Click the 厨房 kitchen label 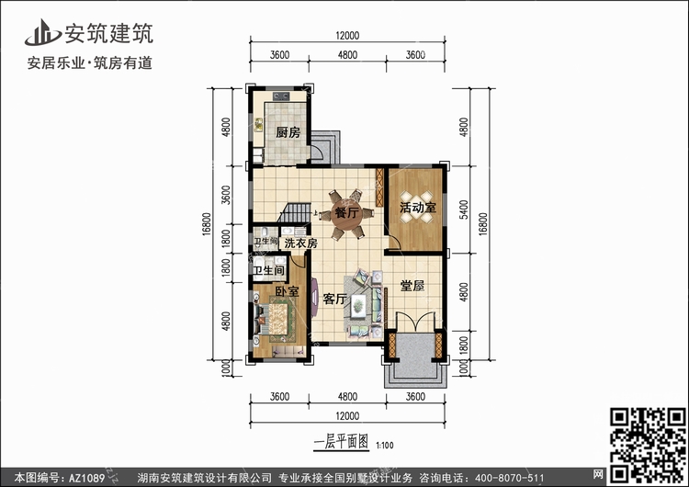click(288, 132)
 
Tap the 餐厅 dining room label click(346, 213)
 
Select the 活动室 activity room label click(418, 208)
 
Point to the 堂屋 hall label click(412, 286)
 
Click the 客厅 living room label click(334, 299)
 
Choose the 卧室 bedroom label click(288, 291)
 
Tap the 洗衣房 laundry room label click(300, 243)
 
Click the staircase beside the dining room click(294, 213)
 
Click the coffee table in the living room click(358, 304)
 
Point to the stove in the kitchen click(280, 96)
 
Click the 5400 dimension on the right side click(464, 210)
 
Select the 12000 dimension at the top click(347, 36)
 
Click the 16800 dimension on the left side click(207, 224)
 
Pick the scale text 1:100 click(385, 446)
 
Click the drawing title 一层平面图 click(341, 442)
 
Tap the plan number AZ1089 click(86, 478)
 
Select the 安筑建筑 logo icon click(42, 32)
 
